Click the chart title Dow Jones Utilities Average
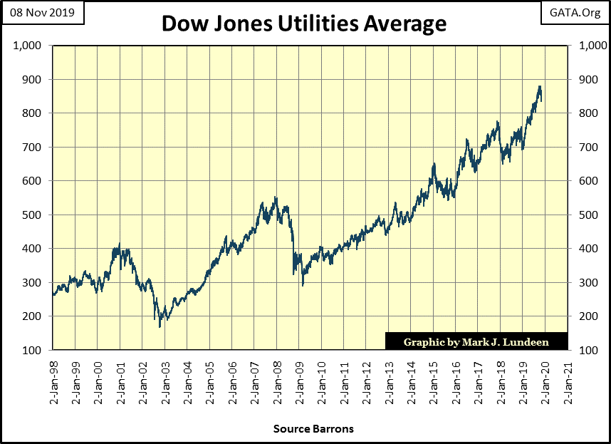(304, 23)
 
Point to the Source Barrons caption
(313, 429)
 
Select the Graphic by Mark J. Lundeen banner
(476, 341)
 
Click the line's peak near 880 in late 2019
(540, 87)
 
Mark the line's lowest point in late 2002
(160, 326)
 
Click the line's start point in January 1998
(53, 294)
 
